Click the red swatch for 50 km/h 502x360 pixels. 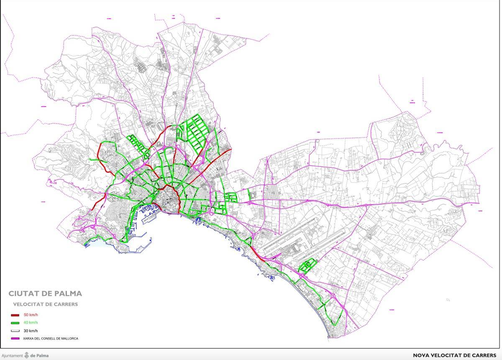[15, 315]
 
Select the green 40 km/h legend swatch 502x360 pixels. [15, 323]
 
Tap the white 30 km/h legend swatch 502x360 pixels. [15, 331]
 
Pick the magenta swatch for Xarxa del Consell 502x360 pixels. [15, 338]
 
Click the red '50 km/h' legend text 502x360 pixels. [31, 315]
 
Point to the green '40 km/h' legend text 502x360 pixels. [31, 323]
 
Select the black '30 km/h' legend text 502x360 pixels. [31, 331]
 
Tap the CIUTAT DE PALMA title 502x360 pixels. [45, 293]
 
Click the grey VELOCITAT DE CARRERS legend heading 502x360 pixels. [45, 304]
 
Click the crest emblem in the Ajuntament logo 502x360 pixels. [27, 355]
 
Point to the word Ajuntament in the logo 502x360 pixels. [12, 356]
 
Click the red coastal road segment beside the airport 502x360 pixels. [256, 253]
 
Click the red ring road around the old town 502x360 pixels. [178, 197]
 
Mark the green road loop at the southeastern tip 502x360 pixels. [335, 318]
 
